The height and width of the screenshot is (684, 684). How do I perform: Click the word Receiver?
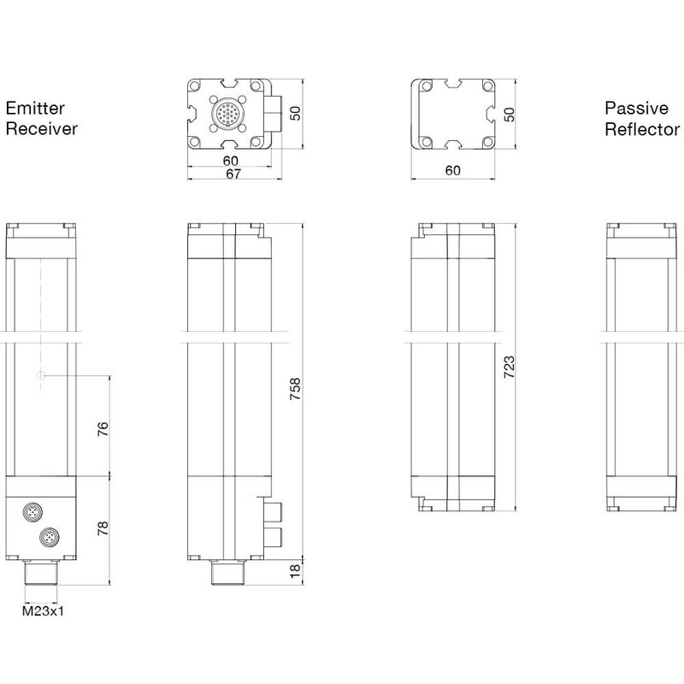(x=42, y=129)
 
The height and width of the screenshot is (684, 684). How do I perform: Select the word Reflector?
(x=642, y=129)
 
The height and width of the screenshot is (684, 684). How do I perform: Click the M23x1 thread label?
(x=43, y=610)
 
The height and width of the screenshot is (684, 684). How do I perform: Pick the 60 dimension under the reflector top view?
(x=452, y=170)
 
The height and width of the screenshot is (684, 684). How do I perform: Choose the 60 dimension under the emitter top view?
(x=229, y=161)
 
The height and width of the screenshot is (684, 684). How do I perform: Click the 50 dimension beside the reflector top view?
(x=510, y=114)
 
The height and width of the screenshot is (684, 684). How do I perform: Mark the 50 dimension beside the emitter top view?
(x=296, y=114)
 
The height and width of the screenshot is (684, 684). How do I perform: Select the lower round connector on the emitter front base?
(x=47, y=538)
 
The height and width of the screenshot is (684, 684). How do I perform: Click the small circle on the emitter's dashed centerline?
(x=39, y=375)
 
